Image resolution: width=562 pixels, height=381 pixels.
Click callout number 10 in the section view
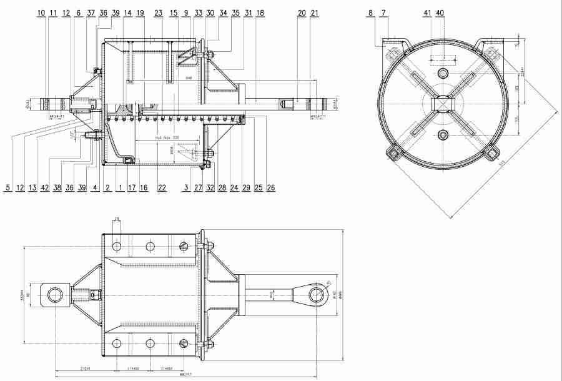pyautogui.click(x=41, y=12)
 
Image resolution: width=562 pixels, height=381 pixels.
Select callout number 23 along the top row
pyautogui.click(x=158, y=12)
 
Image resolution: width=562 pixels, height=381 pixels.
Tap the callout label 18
pyautogui.click(x=260, y=12)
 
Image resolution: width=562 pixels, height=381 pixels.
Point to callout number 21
pyautogui.click(x=314, y=12)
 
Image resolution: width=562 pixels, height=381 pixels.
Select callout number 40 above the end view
pyautogui.click(x=441, y=12)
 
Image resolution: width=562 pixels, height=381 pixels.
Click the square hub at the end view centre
pyautogui.click(x=443, y=103)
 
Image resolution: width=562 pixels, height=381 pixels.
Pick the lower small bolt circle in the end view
pyautogui.click(x=443, y=134)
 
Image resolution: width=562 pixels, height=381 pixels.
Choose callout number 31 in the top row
pyautogui.click(x=248, y=12)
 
